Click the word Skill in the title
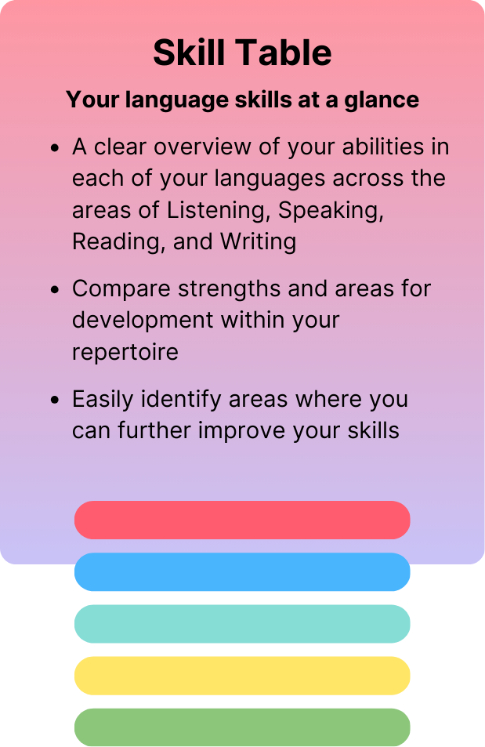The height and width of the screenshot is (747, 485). tap(187, 53)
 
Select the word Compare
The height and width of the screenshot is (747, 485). tap(121, 288)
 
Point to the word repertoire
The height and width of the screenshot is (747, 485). tap(125, 352)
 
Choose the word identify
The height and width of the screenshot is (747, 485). tap(182, 399)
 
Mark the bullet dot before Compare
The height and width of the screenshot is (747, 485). tap(55, 289)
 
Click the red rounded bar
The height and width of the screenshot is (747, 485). tap(242, 520)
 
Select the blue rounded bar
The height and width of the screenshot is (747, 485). tap(242, 572)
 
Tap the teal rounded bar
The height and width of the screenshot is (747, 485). tap(242, 624)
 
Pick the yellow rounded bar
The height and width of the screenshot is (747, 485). tap(242, 676)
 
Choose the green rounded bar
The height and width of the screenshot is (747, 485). tap(242, 727)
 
